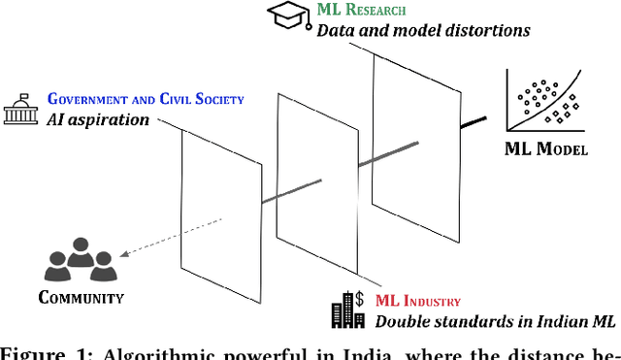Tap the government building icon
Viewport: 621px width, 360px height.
click(x=23, y=108)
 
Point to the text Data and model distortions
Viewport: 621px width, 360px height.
click(x=424, y=31)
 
